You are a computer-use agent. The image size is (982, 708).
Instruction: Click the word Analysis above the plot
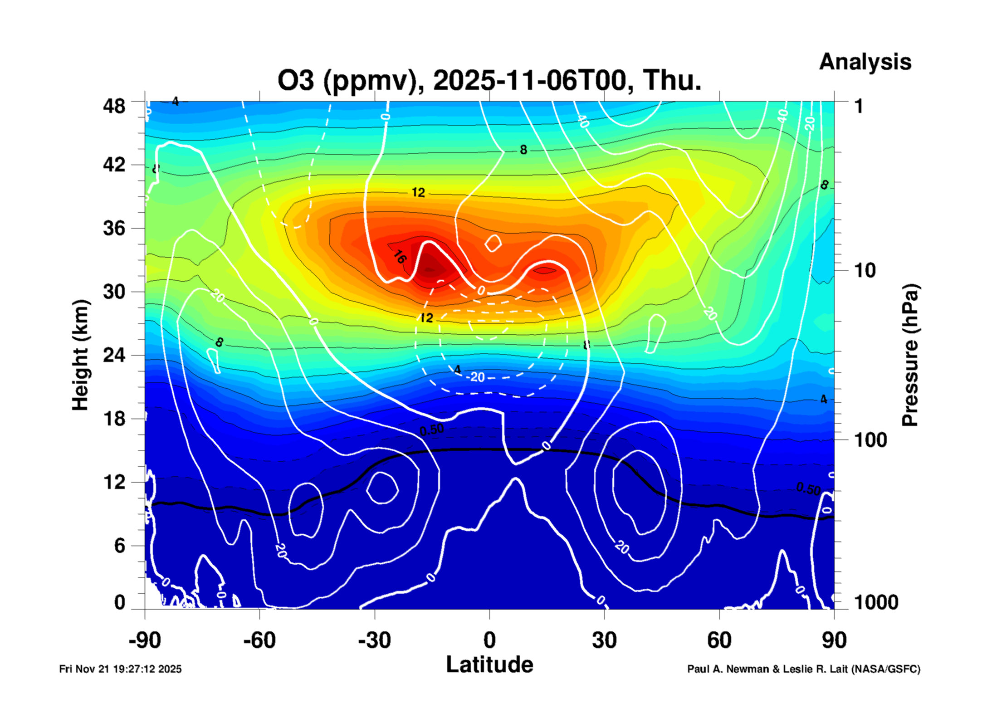click(865, 62)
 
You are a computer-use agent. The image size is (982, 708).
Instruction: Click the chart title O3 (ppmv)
click(347, 80)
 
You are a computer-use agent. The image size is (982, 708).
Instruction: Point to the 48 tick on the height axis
click(114, 106)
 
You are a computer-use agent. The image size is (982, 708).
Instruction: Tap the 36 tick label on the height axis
click(114, 228)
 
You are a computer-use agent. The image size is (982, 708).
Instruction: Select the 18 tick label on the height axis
click(114, 419)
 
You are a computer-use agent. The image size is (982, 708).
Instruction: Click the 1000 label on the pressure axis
click(876, 602)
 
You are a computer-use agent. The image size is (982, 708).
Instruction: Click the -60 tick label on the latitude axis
click(259, 640)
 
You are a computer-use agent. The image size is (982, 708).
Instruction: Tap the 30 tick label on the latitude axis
click(604, 640)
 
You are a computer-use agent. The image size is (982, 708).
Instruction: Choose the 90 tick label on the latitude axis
click(834, 640)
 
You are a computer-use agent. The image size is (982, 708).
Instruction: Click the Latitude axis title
click(489, 664)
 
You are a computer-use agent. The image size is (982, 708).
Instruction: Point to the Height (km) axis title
click(80, 355)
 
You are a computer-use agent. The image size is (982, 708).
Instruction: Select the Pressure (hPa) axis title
click(909, 355)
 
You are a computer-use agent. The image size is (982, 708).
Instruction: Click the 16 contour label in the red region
click(400, 257)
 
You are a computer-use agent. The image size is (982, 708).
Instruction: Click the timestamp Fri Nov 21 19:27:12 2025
click(120, 669)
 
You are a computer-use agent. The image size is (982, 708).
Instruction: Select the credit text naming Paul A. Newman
click(803, 669)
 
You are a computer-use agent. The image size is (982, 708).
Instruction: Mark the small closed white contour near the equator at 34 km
click(493, 243)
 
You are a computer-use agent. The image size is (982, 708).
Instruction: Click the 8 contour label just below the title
click(523, 150)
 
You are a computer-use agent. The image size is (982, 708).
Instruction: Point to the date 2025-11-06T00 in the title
click(529, 80)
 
